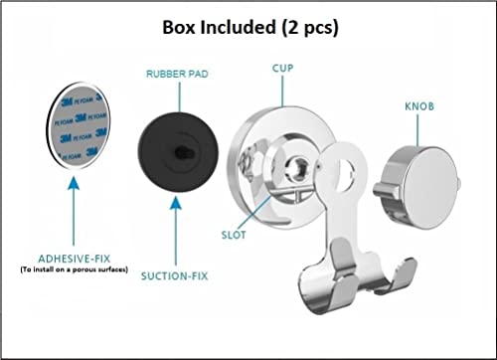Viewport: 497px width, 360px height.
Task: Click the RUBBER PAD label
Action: click(177, 74)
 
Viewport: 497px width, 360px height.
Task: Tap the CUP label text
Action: click(282, 68)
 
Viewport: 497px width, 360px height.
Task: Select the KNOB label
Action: click(419, 106)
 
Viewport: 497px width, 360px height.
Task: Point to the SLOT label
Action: click(234, 235)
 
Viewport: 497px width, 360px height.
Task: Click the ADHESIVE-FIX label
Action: click(75, 259)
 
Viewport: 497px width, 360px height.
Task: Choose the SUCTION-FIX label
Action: click(175, 275)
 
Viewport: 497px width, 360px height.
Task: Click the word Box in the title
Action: click(179, 27)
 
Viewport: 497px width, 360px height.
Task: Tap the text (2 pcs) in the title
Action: click(310, 28)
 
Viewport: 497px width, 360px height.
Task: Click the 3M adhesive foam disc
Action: click(79, 125)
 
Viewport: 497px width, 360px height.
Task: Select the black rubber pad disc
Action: click(178, 152)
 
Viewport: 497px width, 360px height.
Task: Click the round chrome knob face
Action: click(430, 188)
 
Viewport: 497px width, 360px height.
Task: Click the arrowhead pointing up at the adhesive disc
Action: click(74, 183)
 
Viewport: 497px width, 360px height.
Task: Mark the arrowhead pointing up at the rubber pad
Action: click(176, 202)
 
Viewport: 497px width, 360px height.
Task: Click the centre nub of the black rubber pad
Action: click(183, 152)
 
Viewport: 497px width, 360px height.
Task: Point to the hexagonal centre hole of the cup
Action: click(299, 166)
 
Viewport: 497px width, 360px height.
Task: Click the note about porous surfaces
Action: click(75, 270)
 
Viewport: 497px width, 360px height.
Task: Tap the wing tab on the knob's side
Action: click(388, 192)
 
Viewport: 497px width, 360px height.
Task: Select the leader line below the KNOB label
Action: click(417, 130)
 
